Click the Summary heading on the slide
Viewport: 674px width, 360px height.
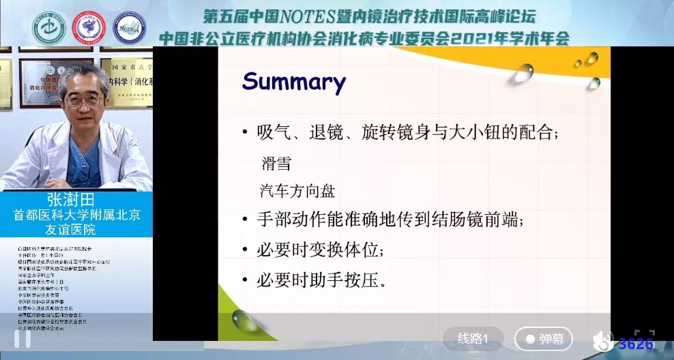point(294,83)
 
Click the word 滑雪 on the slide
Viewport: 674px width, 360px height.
point(276,164)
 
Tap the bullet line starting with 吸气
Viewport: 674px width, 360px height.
point(407,133)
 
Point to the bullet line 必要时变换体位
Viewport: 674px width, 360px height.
point(320,250)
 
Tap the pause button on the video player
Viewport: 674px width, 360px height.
point(22,339)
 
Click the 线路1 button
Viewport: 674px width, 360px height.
point(473,339)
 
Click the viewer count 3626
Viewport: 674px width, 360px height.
point(636,344)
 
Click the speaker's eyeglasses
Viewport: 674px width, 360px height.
point(84,100)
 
